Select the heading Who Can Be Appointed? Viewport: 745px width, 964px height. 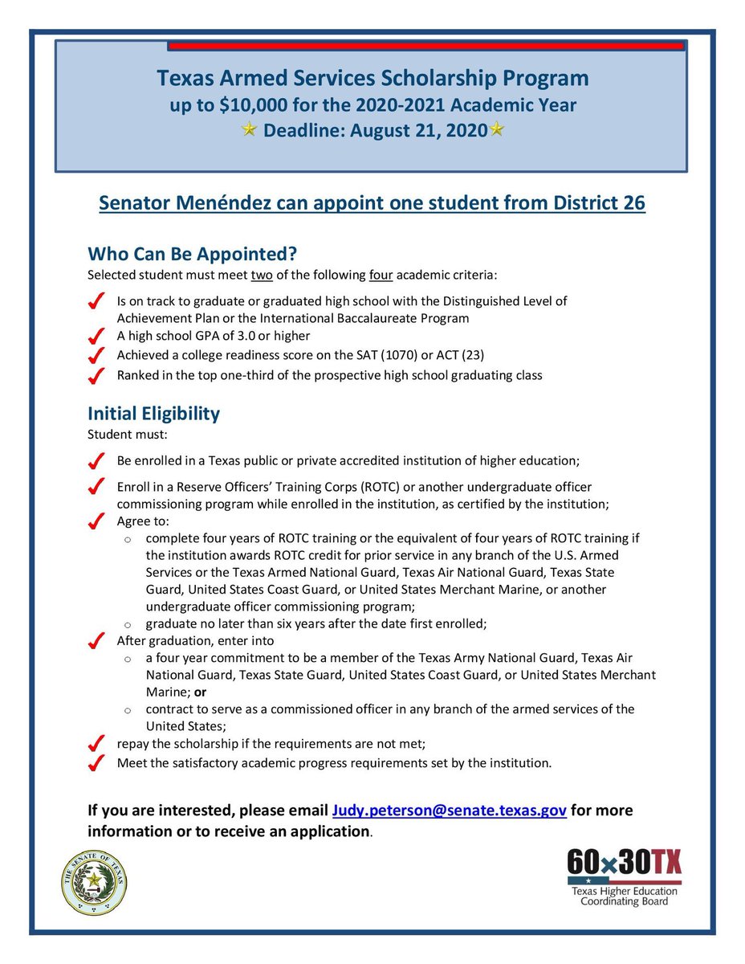pos(193,254)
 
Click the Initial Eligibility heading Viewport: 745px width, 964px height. pos(153,414)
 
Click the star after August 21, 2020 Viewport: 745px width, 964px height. pos(497,129)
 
